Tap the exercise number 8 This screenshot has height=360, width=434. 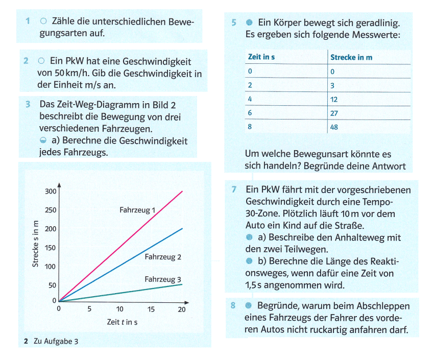[233, 306]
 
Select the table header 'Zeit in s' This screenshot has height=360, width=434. [261, 57]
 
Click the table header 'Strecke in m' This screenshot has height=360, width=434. [351, 57]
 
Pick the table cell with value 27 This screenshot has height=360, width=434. [335, 113]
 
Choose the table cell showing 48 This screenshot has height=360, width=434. [335, 127]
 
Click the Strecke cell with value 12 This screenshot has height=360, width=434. [335, 99]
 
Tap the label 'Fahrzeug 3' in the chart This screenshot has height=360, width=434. [163, 279]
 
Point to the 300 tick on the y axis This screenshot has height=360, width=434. [51, 191]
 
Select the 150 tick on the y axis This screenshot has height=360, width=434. [51, 248]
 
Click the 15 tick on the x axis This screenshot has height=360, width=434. [151, 309]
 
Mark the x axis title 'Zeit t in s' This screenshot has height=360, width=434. [122, 322]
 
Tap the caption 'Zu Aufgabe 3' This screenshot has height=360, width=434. [56, 341]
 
